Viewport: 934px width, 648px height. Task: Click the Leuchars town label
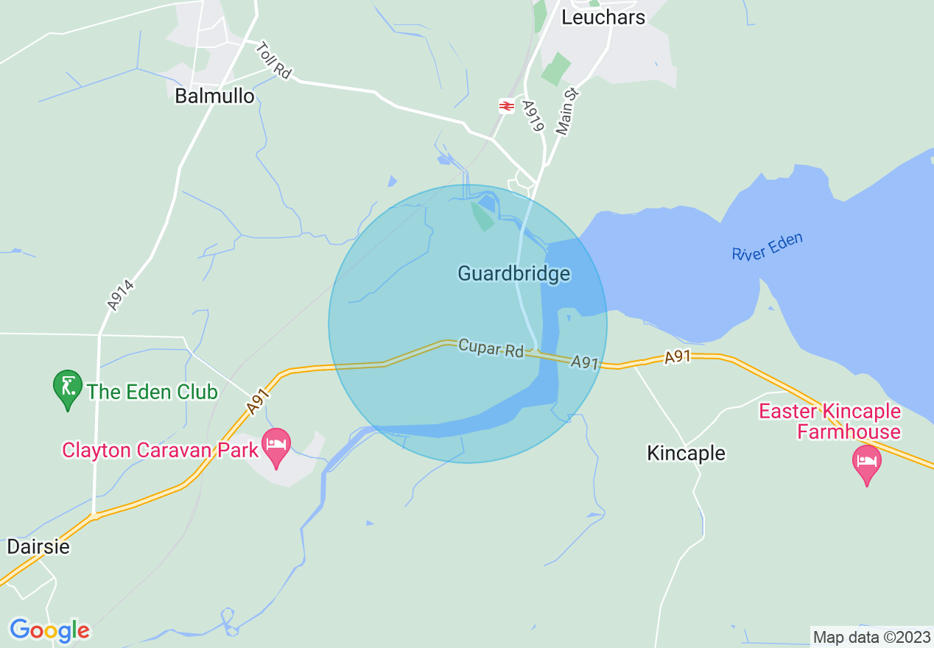coord(603,18)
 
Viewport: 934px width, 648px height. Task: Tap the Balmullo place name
coord(214,96)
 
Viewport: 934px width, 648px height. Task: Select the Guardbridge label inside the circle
coord(513,274)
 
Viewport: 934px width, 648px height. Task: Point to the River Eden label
coord(767,247)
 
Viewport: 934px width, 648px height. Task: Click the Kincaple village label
coord(686,453)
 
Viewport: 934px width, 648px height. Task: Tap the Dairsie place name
coord(38,547)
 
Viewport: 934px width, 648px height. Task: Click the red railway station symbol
coord(506,106)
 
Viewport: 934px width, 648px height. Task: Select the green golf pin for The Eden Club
coord(68,388)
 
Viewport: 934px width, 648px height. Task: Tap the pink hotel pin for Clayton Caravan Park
coord(276,447)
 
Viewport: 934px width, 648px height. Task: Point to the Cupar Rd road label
coord(490,348)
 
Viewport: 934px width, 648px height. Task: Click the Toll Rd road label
coord(274,60)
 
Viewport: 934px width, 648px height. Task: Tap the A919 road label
coord(533,116)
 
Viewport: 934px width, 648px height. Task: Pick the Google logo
coord(49,630)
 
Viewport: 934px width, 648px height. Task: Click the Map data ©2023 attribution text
coord(871,637)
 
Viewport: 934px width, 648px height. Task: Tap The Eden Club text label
coord(152,392)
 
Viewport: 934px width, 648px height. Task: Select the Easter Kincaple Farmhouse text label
coord(829,421)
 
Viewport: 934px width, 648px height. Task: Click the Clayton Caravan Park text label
coord(161,449)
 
